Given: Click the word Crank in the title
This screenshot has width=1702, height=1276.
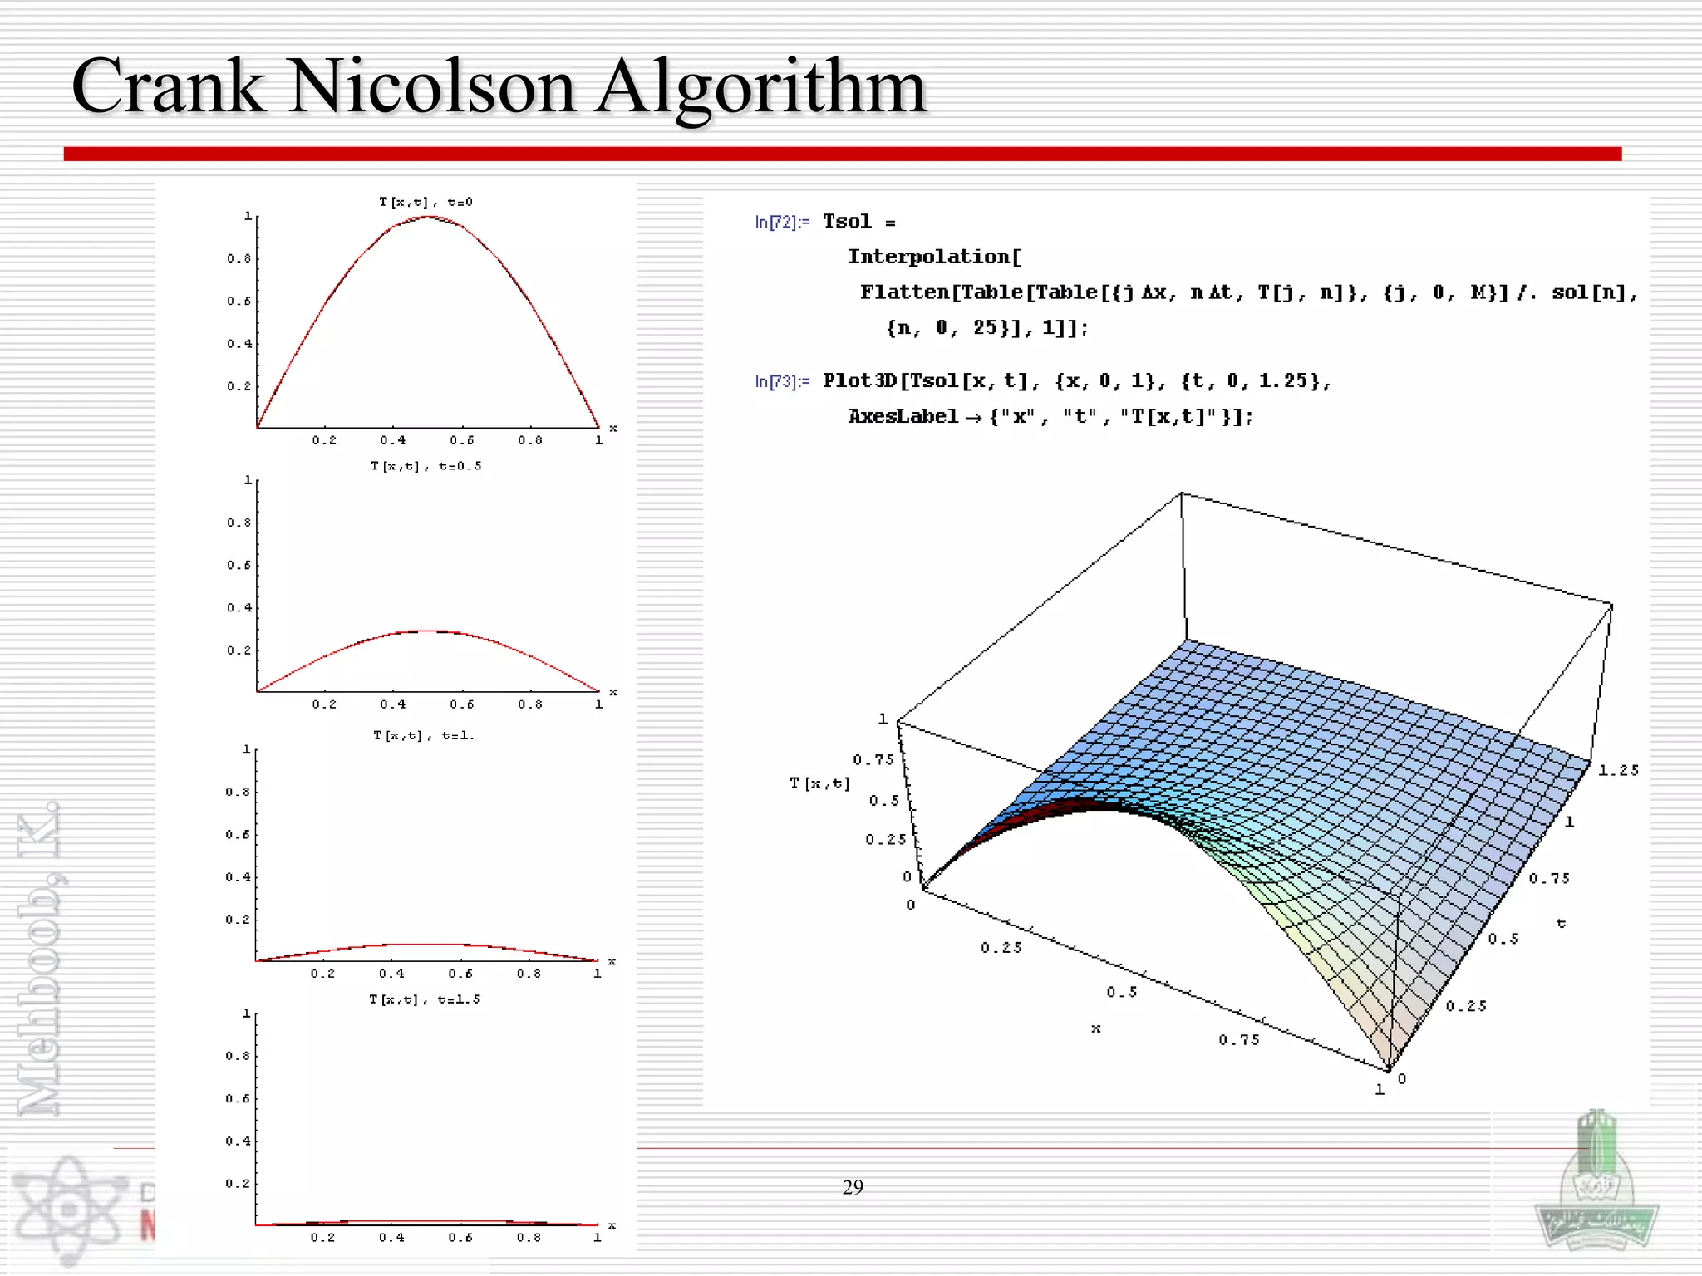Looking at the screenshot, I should [x=166, y=87].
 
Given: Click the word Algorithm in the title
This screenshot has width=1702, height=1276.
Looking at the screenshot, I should [x=760, y=87].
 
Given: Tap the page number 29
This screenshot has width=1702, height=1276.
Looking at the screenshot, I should [x=853, y=1187].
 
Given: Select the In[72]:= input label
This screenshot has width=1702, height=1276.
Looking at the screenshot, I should [x=781, y=222].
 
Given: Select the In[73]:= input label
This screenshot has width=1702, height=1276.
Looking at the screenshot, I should [x=781, y=381].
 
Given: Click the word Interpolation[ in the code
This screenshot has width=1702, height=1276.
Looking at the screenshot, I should [x=933, y=257].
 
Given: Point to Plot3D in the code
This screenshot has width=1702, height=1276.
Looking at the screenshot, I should [x=860, y=380].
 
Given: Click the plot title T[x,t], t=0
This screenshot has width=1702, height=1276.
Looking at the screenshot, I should [x=425, y=202].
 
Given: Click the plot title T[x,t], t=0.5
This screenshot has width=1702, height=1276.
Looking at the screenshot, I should [x=425, y=466].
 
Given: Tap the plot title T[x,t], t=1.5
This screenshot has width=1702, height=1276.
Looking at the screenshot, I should [x=424, y=999].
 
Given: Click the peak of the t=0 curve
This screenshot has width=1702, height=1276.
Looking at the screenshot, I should [x=427, y=217].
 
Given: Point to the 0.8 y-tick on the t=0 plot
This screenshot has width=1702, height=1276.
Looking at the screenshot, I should [x=239, y=258].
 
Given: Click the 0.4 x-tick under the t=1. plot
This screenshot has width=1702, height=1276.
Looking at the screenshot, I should [x=391, y=974].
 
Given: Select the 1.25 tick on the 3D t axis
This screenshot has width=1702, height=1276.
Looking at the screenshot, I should [x=1618, y=770].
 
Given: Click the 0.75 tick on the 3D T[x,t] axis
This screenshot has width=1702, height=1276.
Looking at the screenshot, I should [x=873, y=759].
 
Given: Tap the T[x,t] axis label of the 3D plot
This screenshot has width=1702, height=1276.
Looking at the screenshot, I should [x=819, y=783].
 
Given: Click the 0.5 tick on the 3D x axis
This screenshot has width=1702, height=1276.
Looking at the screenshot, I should [x=1121, y=992].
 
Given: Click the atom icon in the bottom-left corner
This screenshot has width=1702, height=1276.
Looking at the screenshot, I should [x=71, y=1209].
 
